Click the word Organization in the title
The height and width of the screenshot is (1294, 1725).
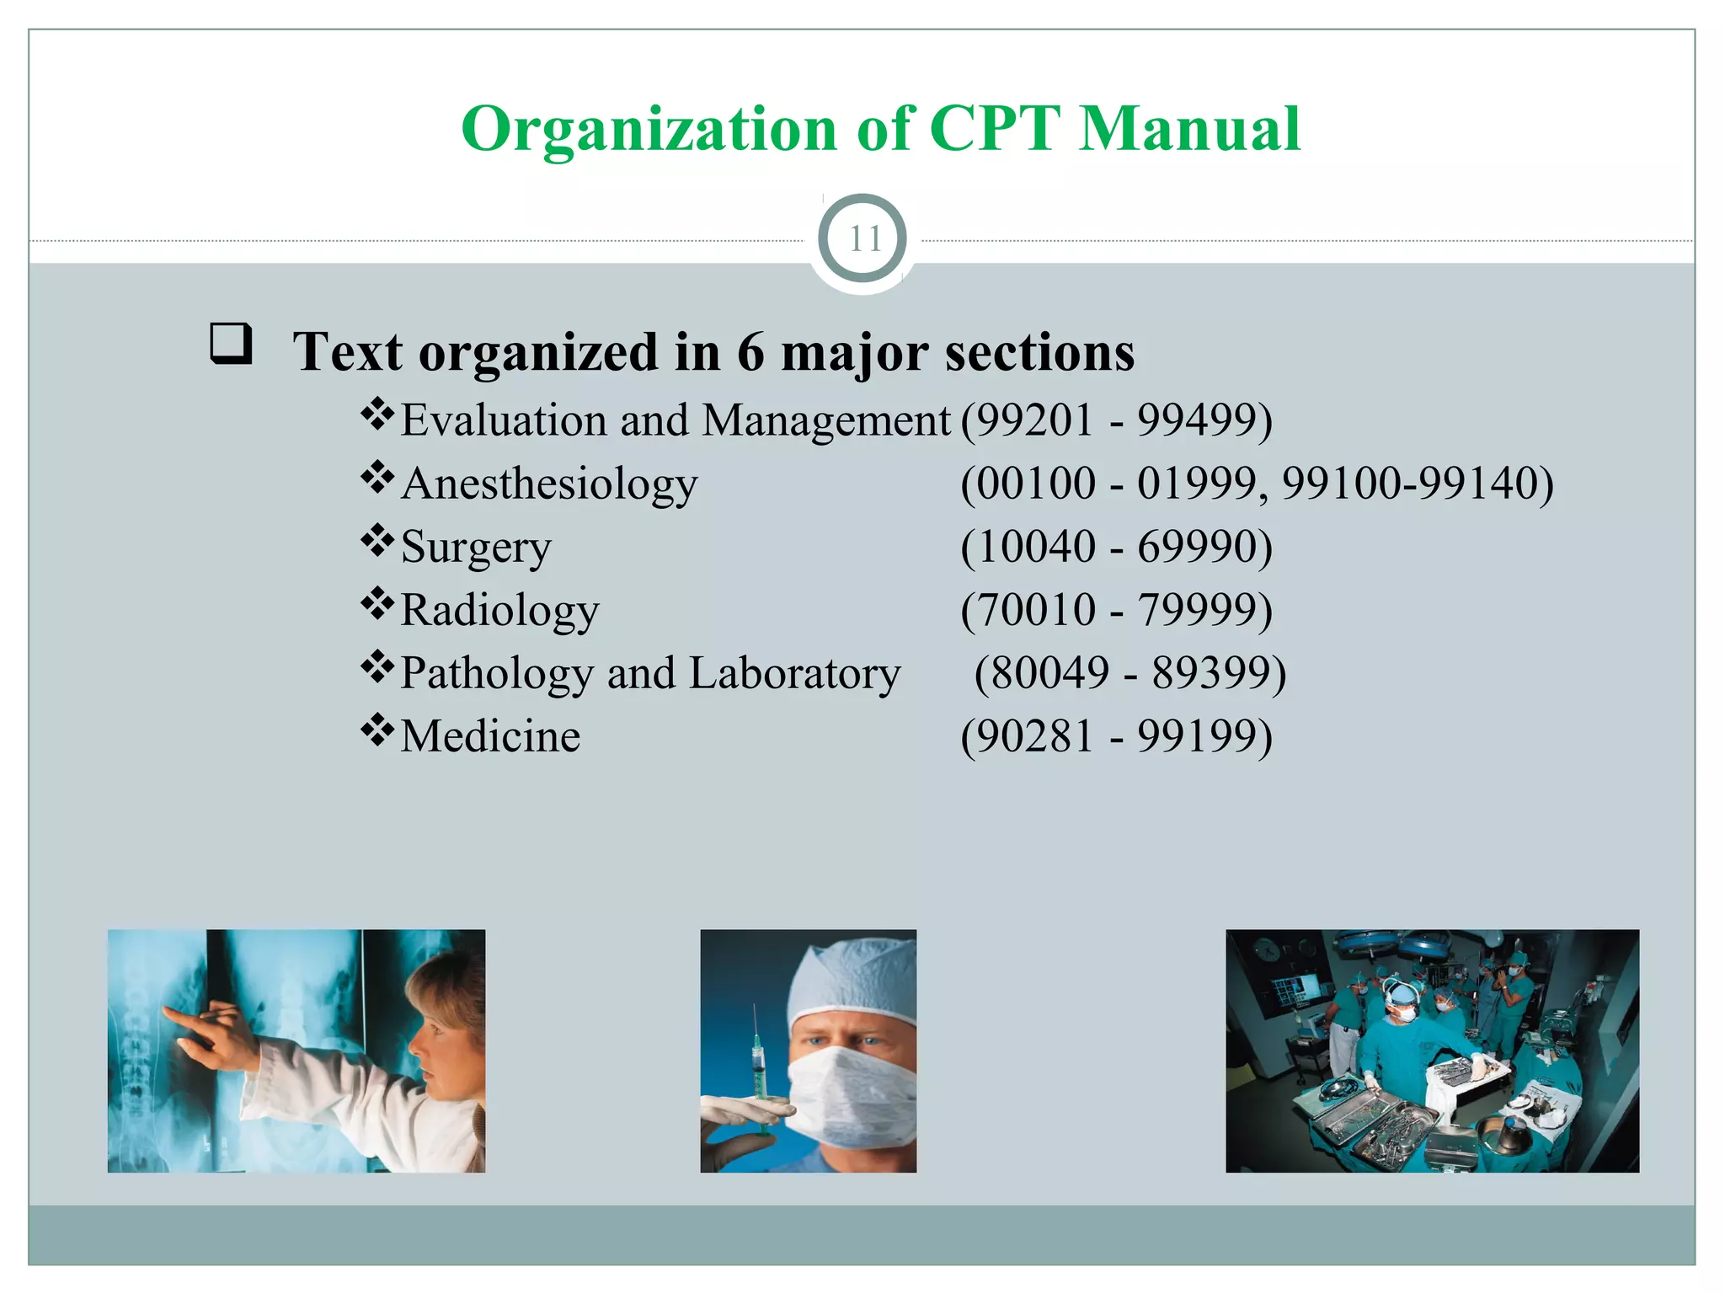point(649,131)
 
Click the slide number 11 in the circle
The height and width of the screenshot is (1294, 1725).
point(863,239)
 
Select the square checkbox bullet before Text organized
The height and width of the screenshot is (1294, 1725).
point(230,344)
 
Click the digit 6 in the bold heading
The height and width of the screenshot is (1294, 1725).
point(750,352)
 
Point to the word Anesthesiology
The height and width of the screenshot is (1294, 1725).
point(548,485)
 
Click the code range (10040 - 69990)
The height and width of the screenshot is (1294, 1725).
point(1116,547)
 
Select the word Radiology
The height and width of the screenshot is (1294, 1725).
point(499,610)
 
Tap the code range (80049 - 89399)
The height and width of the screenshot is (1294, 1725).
point(1130,673)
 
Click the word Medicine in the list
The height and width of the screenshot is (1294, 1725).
point(490,736)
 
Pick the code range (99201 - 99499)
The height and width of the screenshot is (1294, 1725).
point(1116,420)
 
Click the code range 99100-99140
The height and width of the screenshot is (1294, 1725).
point(1417,484)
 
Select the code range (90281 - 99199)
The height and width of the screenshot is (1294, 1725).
point(1116,736)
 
